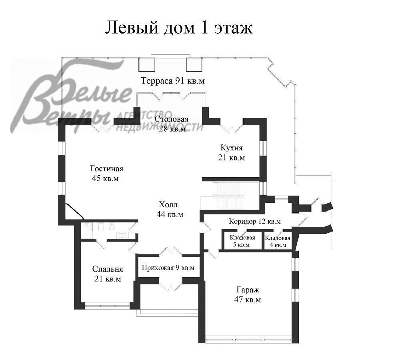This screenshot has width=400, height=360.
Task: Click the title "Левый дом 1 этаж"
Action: click(x=179, y=28)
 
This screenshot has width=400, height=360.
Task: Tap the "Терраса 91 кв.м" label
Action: click(x=173, y=81)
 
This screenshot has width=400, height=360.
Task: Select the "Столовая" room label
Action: click(x=172, y=119)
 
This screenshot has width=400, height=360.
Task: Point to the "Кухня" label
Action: click(x=231, y=148)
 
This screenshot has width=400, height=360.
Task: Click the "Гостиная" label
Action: click(x=106, y=169)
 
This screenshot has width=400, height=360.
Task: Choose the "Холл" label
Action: click(x=168, y=205)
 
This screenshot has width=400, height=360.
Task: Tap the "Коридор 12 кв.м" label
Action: click(x=254, y=221)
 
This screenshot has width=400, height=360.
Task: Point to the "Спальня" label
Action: click(x=107, y=269)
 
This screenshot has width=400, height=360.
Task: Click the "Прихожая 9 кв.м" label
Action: click(x=168, y=268)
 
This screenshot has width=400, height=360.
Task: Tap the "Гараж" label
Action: click(x=248, y=290)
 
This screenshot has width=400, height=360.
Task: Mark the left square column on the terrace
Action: click(x=147, y=64)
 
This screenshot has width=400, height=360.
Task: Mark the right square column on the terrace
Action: click(x=194, y=64)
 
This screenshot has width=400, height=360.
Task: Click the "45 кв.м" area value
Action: click(x=105, y=178)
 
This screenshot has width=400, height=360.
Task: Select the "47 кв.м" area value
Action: click(x=248, y=300)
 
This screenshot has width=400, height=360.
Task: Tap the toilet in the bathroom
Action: click(x=100, y=227)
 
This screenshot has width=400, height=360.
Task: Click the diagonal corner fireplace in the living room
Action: click(x=74, y=211)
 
